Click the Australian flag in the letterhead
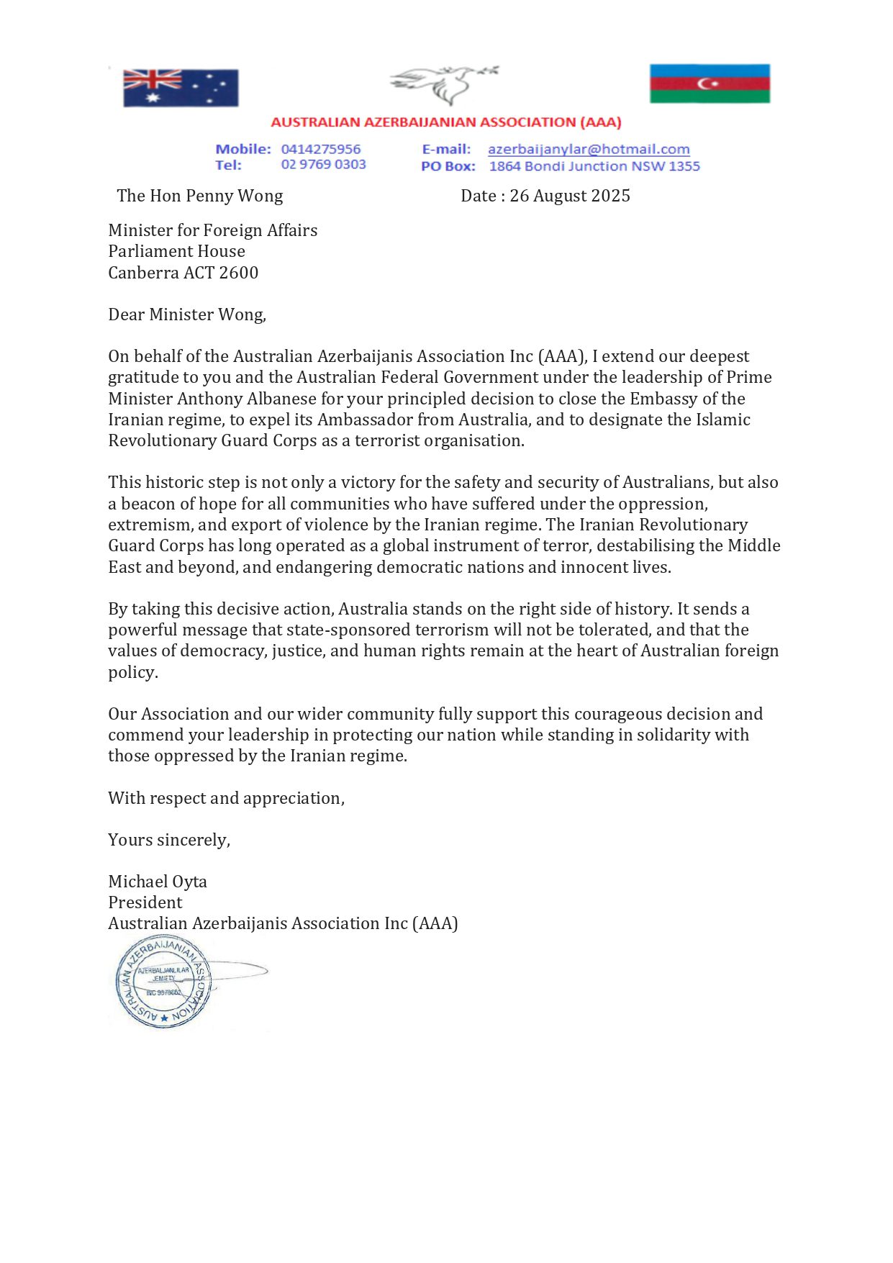click(x=181, y=88)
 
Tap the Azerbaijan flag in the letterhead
click(x=710, y=83)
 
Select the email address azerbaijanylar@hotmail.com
click(x=589, y=150)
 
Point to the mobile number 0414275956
click(x=321, y=150)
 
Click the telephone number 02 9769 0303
click(x=323, y=165)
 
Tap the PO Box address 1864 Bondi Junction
click(x=594, y=166)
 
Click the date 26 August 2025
click(x=570, y=196)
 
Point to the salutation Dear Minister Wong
click(x=187, y=315)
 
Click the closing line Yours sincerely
click(x=169, y=841)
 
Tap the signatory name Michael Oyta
click(x=158, y=882)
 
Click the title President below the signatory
click(x=145, y=903)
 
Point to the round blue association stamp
click(x=163, y=982)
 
